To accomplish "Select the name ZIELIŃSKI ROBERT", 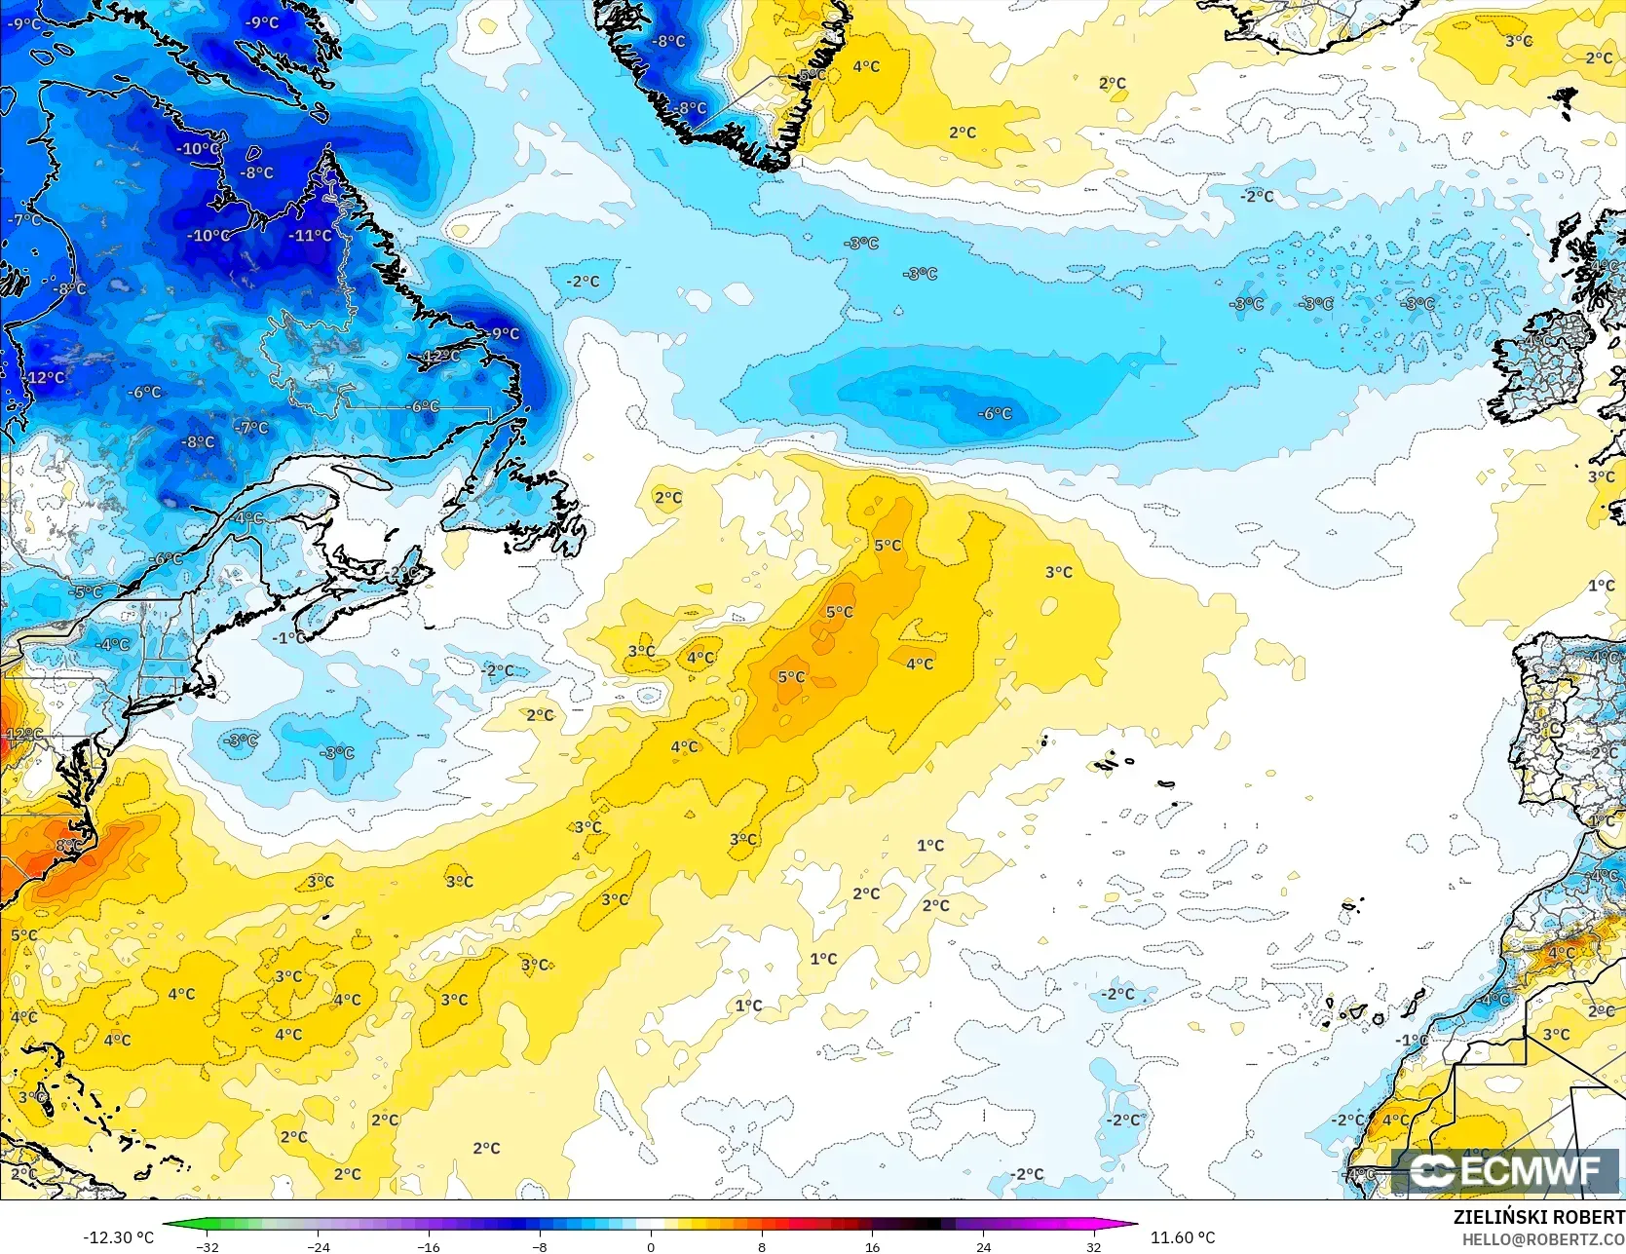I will coord(1538,1217).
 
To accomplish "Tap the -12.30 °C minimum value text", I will coord(118,1237).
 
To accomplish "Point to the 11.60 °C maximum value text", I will coord(1183,1237).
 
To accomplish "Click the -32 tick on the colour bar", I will coord(207,1246).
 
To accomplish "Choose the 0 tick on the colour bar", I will coord(651,1246).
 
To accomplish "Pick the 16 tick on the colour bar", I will coord(872,1246).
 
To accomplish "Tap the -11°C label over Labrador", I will coord(310,235).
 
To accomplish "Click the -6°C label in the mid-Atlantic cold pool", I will coord(995,413).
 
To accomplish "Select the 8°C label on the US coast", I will coord(68,845).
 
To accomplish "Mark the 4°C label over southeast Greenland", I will coord(866,66).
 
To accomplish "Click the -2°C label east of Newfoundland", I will coord(584,281).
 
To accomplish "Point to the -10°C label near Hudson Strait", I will coord(199,148).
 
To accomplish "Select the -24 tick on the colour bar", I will coord(318,1246).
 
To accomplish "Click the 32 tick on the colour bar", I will coord(1094,1246).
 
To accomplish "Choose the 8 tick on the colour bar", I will coord(762,1246).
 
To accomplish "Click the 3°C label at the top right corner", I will coord(1519,41).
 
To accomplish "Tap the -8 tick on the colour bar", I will coord(540,1246).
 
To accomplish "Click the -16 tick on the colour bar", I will coord(429,1246).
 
